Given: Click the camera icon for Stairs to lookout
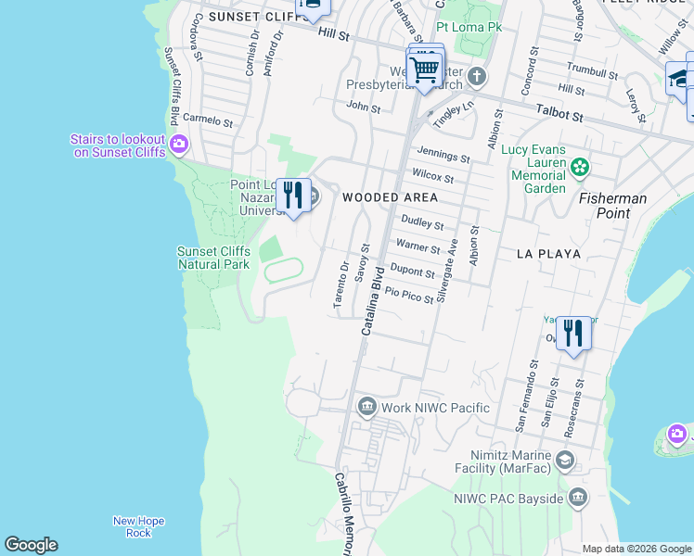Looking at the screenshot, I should (179, 144).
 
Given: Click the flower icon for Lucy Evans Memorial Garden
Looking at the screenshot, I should (580, 168).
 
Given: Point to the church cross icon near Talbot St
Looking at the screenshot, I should (476, 76).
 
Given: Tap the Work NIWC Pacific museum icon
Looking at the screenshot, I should (366, 407).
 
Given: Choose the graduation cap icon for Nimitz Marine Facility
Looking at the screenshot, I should (564, 461).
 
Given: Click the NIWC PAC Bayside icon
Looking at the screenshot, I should (578, 499).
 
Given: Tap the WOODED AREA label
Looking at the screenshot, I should (390, 197).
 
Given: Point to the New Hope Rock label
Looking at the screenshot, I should (138, 526).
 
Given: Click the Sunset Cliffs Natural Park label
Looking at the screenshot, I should (213, 258).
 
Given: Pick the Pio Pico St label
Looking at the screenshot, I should (409, 295).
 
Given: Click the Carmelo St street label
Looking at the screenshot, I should (207, 120).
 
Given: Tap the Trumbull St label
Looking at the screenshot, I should (592, 71).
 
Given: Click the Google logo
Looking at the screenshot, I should (31, 545).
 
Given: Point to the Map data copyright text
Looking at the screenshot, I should (636, 549).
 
